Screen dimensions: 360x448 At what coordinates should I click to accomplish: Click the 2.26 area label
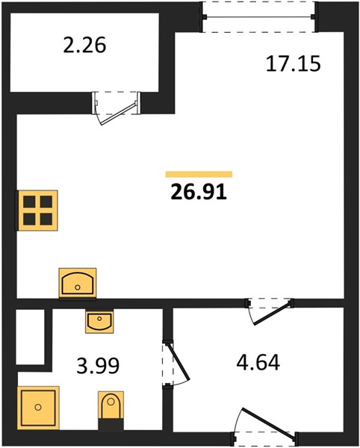click(x=84, y=46)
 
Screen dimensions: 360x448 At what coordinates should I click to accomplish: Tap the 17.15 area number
click(x=293, y=64)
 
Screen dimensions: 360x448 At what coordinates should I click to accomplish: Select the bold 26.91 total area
click(x=199, y=192)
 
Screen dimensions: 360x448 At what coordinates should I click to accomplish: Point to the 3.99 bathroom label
click(x=98, y=366)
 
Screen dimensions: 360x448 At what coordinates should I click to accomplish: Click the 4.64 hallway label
click(x=258, y=362)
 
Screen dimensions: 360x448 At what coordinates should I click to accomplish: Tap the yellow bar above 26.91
click(x=199, y=174)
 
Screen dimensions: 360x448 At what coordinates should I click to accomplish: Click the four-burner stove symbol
click(x=37, y=211)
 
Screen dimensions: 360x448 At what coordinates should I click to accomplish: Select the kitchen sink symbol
click(x=78, y=283)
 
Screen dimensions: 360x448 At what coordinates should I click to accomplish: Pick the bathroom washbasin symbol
click(x=99, y=322)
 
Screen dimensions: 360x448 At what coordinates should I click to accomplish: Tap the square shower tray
click(x=38, y=408)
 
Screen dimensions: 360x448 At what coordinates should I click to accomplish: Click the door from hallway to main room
click(x=270, y=311)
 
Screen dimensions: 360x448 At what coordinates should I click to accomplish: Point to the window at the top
click(x=259, y=17)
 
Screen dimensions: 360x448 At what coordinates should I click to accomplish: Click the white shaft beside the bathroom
click(x=30, y=337)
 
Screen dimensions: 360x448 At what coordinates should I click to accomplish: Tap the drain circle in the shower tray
click(x=38, y=407)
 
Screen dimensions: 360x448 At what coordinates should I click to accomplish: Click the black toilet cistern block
click(x=111, y=423)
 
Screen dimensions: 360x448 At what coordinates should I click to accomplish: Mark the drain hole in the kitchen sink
click(x=78, y=287)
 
